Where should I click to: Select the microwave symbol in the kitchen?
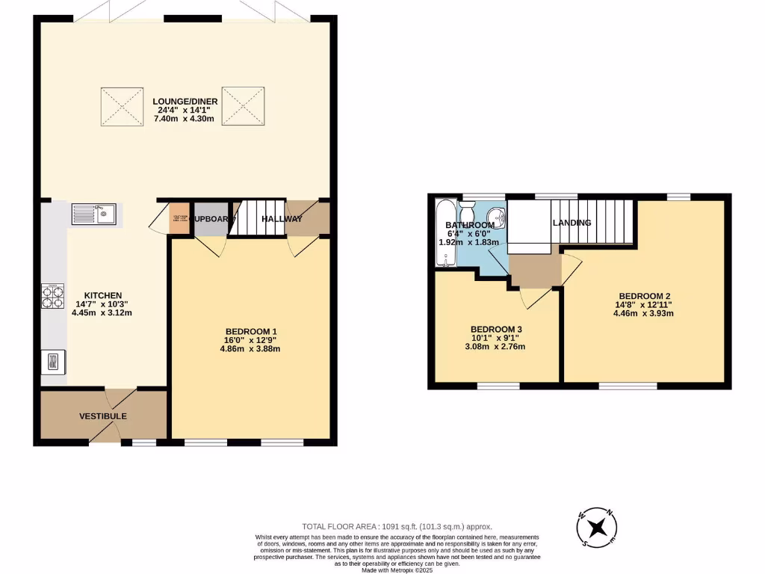[54, 362]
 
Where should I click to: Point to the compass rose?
[597, 528]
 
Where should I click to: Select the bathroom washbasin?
[499, 219]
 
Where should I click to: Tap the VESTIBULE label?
[103, 416]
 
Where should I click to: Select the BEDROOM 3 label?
[496, 330]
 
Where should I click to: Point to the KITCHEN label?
[102, 295]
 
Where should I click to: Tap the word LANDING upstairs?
[572, 223]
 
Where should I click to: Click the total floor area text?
[397, 526]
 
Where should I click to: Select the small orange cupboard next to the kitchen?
[179, 218]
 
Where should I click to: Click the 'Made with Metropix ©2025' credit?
[397, 570]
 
